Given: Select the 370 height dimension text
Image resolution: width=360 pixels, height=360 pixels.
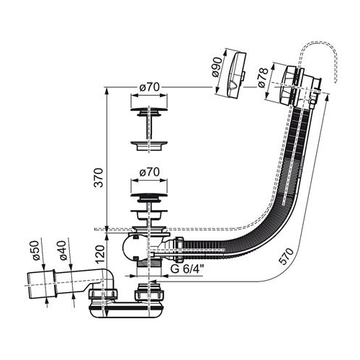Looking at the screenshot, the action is pyautogui.click(x=99, y=178).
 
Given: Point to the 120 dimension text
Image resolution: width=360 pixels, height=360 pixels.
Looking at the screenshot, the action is pyautogui.click(x=100, y=255).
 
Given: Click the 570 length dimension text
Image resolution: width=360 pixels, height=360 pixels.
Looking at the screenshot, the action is pyautogui.click(x=287, y=256).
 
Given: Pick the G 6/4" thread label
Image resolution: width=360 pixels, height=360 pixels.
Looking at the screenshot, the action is pyautogui.click(x=187, y=269).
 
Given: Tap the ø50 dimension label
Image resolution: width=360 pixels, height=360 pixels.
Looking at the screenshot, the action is pyautogui.click(x=36, y=251).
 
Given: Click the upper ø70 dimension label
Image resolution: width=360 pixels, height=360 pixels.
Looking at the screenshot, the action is pyautogui.click(x=149, y=87).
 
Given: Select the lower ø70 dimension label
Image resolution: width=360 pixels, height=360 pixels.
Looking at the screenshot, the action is pyautogui.click(x=149, y=172).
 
